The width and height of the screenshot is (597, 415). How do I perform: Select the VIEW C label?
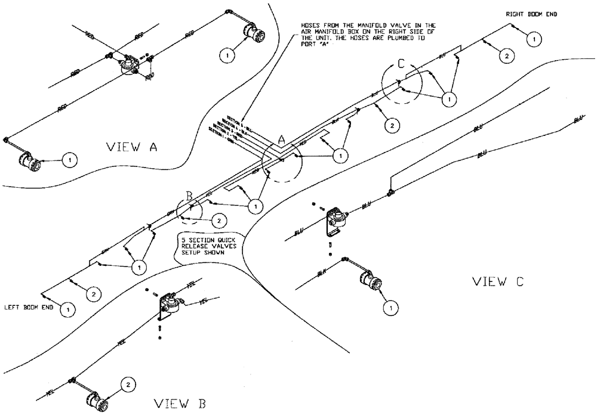click(x=498, y=281)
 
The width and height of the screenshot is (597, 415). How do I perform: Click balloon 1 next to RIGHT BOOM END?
click(x=534, y=39)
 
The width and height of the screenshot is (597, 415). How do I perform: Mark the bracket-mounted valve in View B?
click(x=170, y=304)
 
